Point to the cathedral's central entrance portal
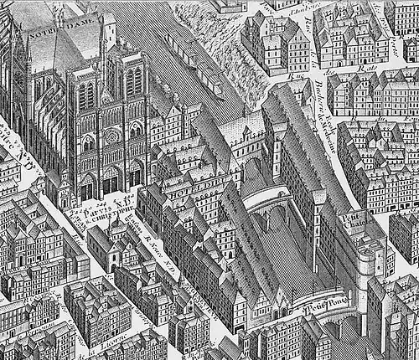pyautogui.click(x=110, y=179)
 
